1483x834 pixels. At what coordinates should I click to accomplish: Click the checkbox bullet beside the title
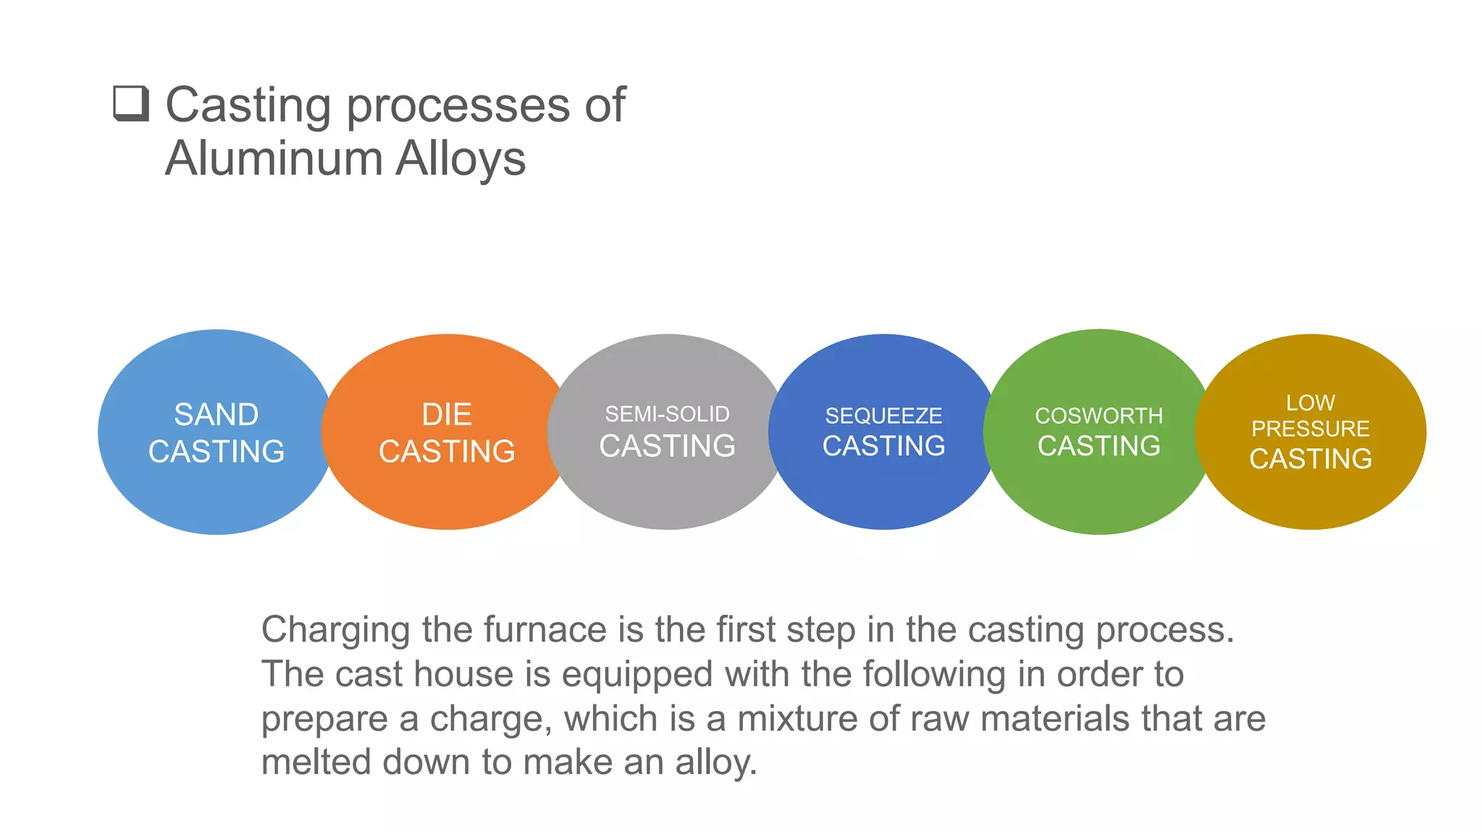tap(131, 104)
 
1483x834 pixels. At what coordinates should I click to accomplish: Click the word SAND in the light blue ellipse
tap(217, 415)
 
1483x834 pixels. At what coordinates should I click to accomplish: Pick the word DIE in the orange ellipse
tap(447, 415)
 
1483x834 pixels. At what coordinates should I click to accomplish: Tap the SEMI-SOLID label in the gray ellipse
tap(667, 414)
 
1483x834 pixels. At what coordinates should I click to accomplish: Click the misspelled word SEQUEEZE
tap(883, 416)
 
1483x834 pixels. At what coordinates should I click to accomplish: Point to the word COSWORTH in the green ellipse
tap(1098, 416)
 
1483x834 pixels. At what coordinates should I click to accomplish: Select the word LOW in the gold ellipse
tap(1310, 403)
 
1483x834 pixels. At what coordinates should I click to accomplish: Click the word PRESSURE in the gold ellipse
tap(1310, 429)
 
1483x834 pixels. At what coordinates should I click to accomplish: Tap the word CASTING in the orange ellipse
tap(447, 452)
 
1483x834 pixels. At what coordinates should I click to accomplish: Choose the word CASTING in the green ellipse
tap(1098, 446)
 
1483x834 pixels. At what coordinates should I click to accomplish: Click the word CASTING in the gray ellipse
tap(667, 446)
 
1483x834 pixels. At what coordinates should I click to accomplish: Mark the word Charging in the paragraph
tap(336, 631)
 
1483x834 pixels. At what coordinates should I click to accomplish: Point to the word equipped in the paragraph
tap(638, 675)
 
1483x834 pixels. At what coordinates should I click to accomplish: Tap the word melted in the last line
tap(316, 762)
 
